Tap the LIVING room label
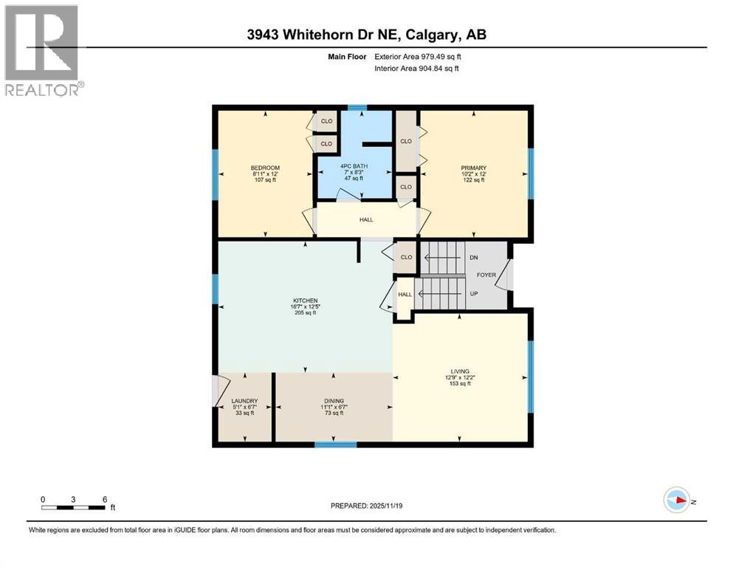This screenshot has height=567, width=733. pyautogui.click(x=461, y=371)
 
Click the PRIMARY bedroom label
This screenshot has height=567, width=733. pyautogui.click(x=474, y=168)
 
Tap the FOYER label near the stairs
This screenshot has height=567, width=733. pyautogui.click(x=486, y=275)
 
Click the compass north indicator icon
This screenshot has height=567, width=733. pyautogui.click(x=676, y=500)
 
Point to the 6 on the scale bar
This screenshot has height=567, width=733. pyautogui.click(x=105, y=499)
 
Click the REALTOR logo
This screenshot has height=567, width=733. pyautogui.click(x=42, y=51)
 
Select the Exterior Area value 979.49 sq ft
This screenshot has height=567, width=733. pyautogui.click(x=434, y=56)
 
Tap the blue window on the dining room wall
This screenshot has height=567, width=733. pyautogui.click(x=336, y=444)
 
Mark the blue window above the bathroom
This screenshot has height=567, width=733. pyautogui.click(x=357, y=108)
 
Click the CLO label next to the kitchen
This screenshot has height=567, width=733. pyautogui.click(x=406, y=258)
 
